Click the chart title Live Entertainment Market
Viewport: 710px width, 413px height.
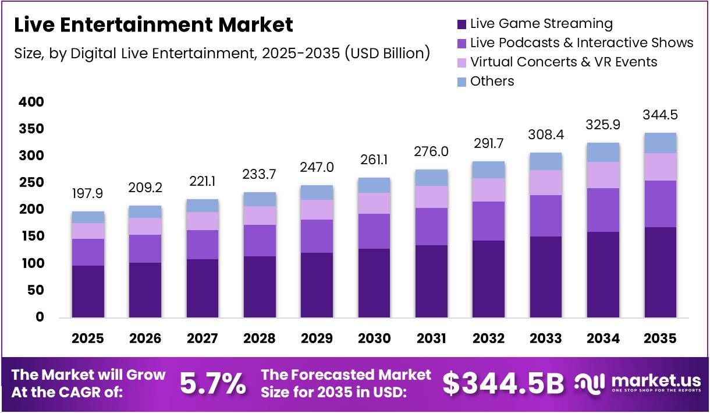pos(153,24)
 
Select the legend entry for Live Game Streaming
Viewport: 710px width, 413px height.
pos(541,24)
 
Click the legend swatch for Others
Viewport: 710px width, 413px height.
pos(462,82)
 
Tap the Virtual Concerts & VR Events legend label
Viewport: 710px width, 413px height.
pos(563,62)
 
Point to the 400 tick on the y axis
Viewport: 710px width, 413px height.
pos(31,103)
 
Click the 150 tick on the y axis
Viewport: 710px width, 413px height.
pos(33,236)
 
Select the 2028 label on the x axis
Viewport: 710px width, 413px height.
pos(260,338)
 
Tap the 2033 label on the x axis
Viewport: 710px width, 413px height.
pos(545,338)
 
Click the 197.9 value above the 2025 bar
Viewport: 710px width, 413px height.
pos(88,193)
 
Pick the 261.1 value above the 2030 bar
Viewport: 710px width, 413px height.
pos(374,159)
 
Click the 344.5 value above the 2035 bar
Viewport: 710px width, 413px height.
pos(660,115)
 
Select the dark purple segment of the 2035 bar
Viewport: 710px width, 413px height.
pos(660,272)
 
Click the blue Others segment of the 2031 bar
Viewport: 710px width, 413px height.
pos(431,178)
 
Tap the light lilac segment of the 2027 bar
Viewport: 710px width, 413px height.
pos(202,221)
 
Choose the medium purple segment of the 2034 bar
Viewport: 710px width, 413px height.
pos(602,210)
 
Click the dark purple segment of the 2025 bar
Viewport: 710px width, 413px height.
pos(88,291)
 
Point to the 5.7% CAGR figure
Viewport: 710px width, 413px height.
pos(212,384)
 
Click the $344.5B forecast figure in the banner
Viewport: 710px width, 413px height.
pos(503,384)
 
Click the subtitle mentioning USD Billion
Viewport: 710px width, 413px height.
pos(222,54)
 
